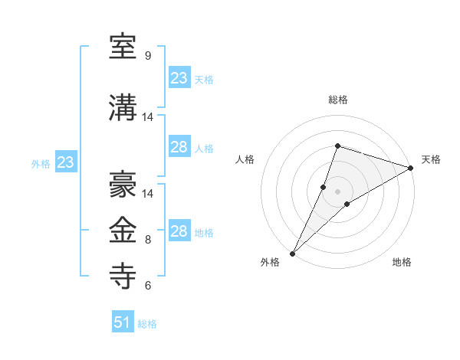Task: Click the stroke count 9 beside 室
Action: [147, 56]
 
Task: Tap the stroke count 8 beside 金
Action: [147, 240]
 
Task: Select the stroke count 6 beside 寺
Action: [147, 286]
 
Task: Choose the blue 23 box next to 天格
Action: [179, 78]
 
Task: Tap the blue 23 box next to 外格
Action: [65, 162]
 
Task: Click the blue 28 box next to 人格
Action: [179, 147]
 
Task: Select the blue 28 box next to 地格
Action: [179, 231]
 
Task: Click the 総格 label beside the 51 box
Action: [147, 324]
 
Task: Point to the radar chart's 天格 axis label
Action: [431, 159]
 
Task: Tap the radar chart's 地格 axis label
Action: [402, 263]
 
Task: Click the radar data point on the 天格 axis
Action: [410, 168]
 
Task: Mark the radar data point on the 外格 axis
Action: [292, 253]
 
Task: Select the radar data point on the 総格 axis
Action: [337, 146]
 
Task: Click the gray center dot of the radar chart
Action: [337, 191]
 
